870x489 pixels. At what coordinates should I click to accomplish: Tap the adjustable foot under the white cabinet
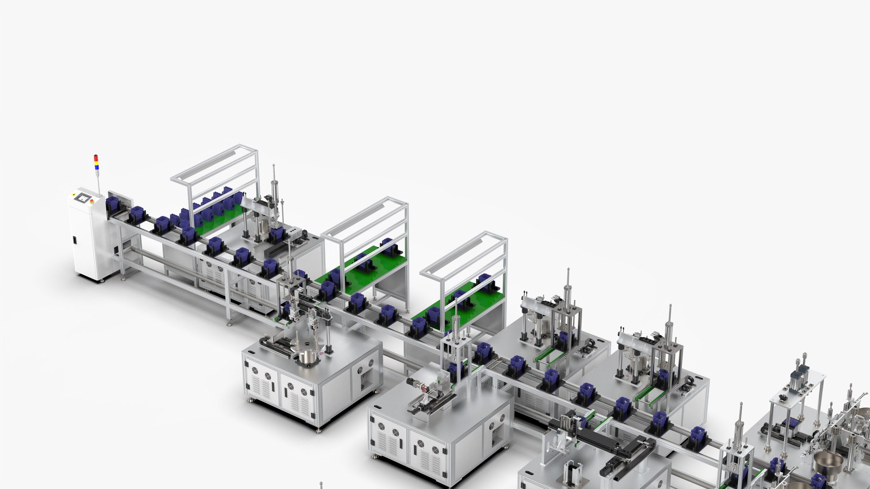(101, 280)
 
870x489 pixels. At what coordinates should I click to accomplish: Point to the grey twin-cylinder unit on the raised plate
(798, 375)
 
